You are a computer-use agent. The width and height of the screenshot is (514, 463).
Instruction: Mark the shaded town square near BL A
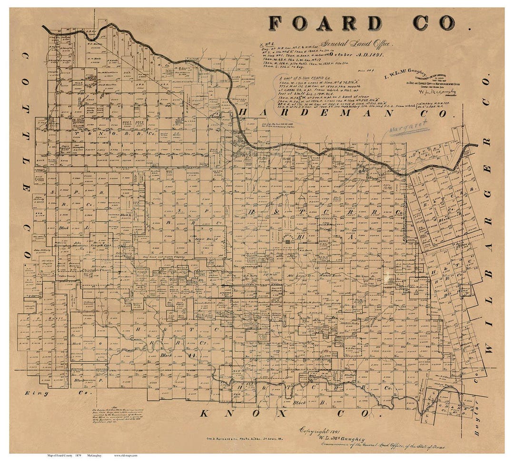pyautogui.click(x=287, y=242)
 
